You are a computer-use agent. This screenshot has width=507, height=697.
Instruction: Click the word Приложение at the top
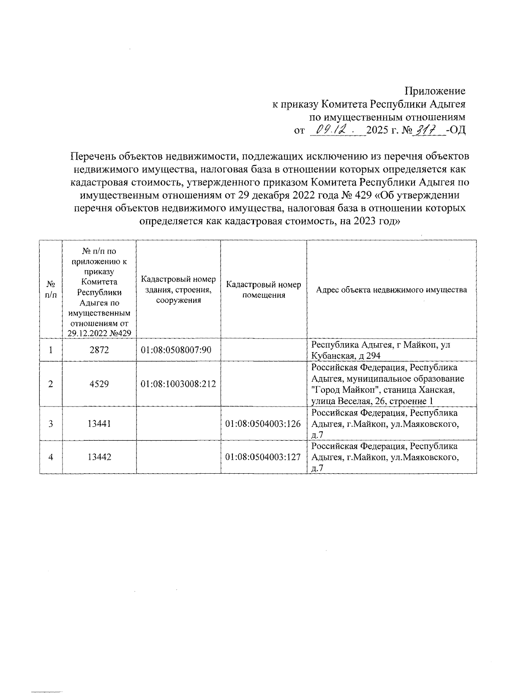tap(435, 91)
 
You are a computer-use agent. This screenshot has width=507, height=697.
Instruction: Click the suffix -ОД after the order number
tap(456, 130)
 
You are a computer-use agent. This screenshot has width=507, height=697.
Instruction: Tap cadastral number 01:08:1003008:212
tap(178, 384)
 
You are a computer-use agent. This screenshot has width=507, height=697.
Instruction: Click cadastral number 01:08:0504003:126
tap(264, 423)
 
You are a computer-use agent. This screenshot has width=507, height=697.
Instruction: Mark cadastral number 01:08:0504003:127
tap(264, 457)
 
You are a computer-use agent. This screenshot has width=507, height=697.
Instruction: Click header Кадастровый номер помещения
tap(264, 290)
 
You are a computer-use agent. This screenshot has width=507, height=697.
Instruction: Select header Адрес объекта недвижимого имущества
tap(392, 290)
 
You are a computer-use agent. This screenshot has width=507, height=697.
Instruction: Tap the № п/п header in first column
tap(51, 290)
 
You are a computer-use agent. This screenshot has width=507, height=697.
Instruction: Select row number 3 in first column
tap(51, 423)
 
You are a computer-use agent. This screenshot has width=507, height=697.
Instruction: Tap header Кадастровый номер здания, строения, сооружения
tap(178, 290)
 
